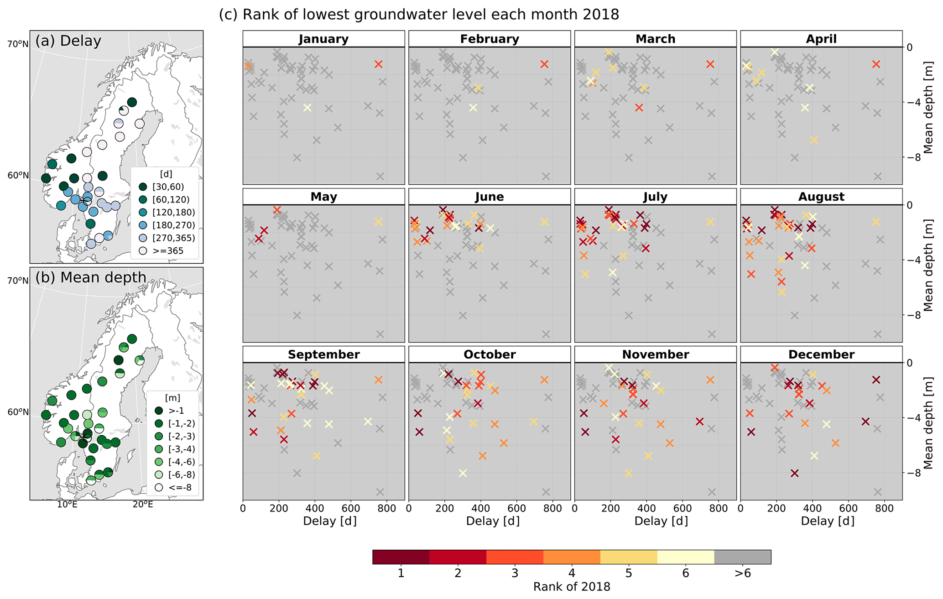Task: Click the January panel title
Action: [323, 39]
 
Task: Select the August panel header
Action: [821, 197]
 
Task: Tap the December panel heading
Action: [821, 355]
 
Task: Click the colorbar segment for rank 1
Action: [401, 557]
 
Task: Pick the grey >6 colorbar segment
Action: [742, 557]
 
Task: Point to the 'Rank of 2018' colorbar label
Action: [572, 587]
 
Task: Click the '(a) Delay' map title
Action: [68, 41]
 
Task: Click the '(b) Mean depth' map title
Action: [91, 277]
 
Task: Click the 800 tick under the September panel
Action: [386, 508]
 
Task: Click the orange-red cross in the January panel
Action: [378, 64]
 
